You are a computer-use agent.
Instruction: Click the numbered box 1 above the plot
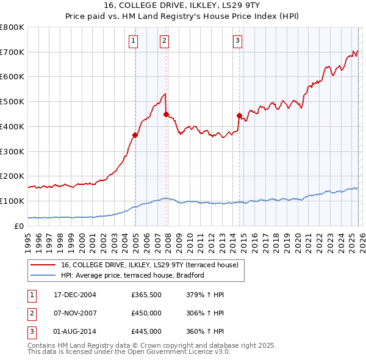click(134, 41)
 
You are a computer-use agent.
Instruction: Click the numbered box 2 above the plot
click(165, 41)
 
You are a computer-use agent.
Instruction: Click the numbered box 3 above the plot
click(237, 41)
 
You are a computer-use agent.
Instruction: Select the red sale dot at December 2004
click(135, 135)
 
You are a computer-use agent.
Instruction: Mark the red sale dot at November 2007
click(166, 114)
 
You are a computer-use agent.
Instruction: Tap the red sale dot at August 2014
click(239, 115)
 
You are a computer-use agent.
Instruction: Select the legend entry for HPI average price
click(132, 275)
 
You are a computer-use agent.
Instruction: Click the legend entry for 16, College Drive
click(152, 265)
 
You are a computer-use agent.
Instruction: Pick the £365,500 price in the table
click(146, 295)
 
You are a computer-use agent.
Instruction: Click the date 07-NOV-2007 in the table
click(74, 313)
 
